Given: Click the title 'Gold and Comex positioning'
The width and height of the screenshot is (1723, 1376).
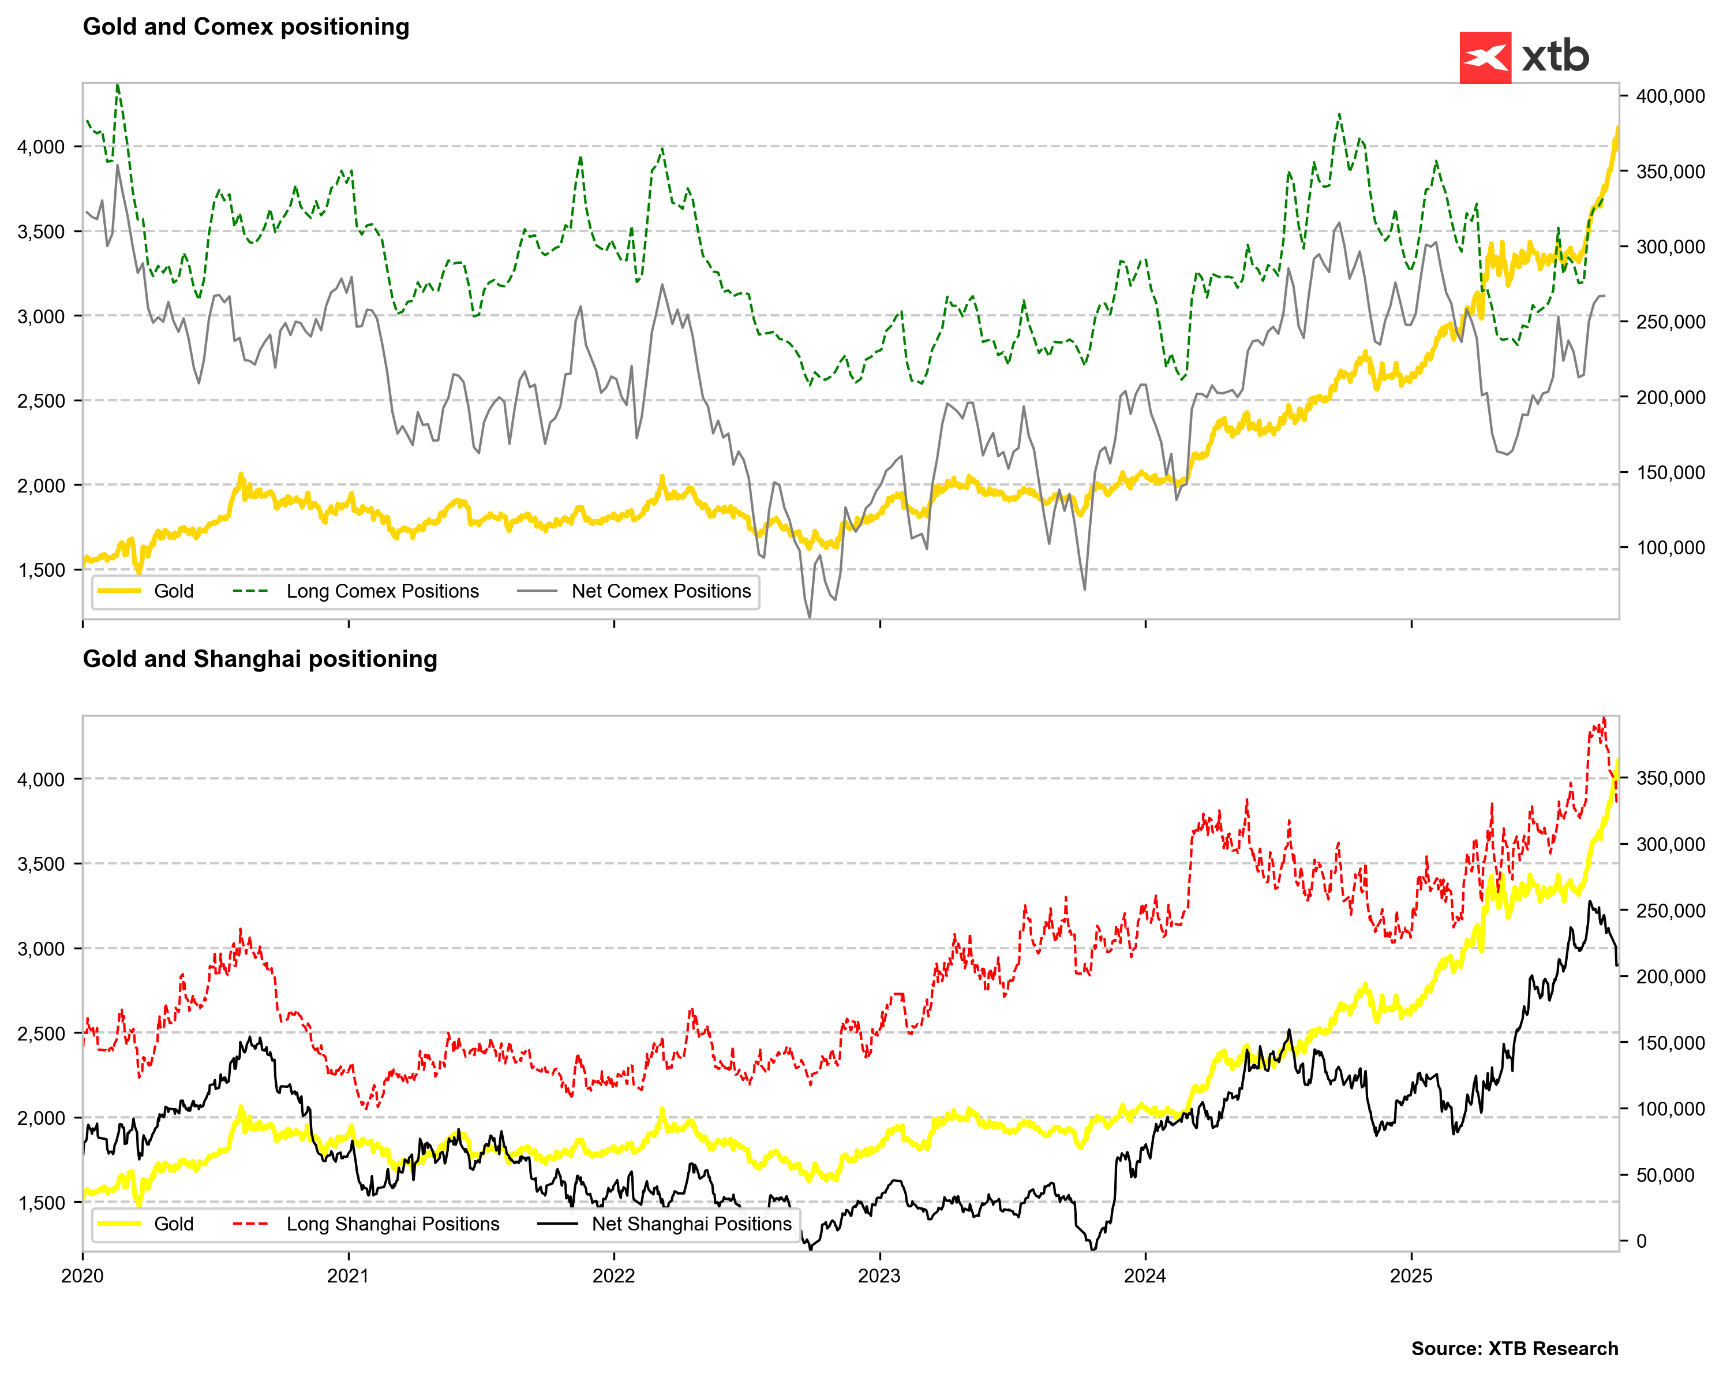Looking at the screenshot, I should (x=246, y=27).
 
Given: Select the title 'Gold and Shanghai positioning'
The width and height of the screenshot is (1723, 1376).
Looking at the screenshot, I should (x=260, y=659).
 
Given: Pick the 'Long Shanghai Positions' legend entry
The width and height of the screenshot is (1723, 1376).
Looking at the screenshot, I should (x=392, y=1224).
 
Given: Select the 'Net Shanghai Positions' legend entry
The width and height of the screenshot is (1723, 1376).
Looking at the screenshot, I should (x=691, y=1224).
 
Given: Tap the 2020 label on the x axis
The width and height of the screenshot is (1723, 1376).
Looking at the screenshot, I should (x=83, y=1276).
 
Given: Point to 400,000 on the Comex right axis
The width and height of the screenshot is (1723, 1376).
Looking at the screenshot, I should (x=1670, y=97).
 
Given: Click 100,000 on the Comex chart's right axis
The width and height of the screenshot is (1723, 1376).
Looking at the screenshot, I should (x=1670, y=549).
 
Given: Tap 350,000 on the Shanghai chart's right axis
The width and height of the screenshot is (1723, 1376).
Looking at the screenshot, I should (x=1670, y=778).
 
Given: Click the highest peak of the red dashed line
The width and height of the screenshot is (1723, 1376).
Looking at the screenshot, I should (x=1604, y=718).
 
